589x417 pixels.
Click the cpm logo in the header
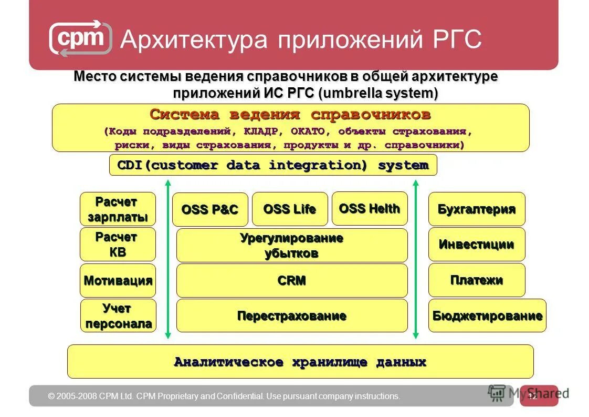point(81,38)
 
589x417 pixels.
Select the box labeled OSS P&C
point(210,209)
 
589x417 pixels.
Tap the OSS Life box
point(290,209)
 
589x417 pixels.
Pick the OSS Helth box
point(370,208)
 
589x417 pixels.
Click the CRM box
point(292,281)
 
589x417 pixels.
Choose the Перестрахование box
point(292,316)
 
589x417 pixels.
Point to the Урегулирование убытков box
point(292,245)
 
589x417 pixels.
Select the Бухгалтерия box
point(477,209)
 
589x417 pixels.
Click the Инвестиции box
point(477,244)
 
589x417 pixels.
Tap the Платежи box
point(477,280)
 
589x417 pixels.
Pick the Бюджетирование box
point(487,316)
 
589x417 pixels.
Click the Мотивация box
point(118,280)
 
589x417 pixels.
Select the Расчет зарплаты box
point(118,209)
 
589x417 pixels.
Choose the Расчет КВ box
point(118,245)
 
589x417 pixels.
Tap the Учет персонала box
point(118,316)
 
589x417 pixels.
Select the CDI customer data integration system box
point(273,165)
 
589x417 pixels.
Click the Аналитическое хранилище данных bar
point(300,362)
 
